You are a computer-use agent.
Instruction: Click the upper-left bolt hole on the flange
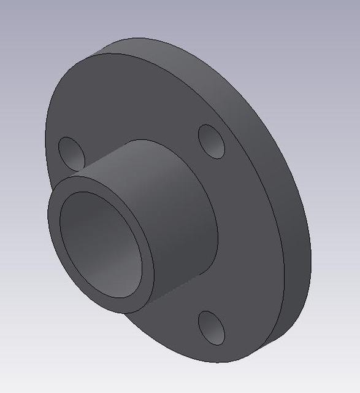coord(71,154)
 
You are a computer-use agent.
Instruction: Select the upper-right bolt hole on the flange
coord(212,142)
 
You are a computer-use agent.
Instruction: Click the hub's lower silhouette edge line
coord(166,295)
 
